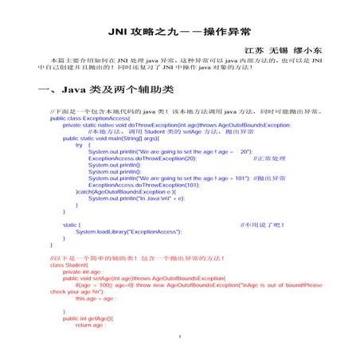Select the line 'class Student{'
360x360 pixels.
coord(68,265)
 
